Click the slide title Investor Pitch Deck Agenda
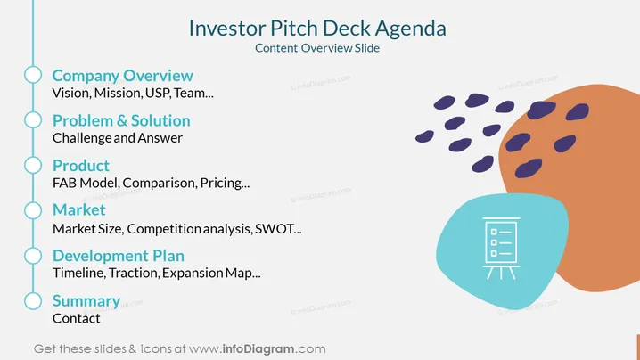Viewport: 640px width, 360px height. pos(317,29)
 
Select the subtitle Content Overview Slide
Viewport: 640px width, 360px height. pos(317,48)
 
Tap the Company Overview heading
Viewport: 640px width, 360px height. pos(122,76)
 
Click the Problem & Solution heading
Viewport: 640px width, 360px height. pos(121,121)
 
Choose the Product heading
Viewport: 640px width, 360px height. pos(81,166)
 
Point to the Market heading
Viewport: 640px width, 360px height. pos(79,209)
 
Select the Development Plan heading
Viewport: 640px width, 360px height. pos(119,256)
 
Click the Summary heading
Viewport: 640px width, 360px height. pos(86,301)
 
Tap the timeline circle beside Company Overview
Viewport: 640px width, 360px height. pos(33,75)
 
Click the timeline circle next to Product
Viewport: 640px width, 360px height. pos(33,166)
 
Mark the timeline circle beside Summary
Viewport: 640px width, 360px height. pos(33,301)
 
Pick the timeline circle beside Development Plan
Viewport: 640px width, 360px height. pos(33,256)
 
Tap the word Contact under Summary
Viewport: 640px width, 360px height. pos(77,318)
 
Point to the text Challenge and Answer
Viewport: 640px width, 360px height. pos(118,138)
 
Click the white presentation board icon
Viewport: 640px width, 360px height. pos(501,248)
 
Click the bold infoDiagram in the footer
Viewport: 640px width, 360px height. pos(258,349)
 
